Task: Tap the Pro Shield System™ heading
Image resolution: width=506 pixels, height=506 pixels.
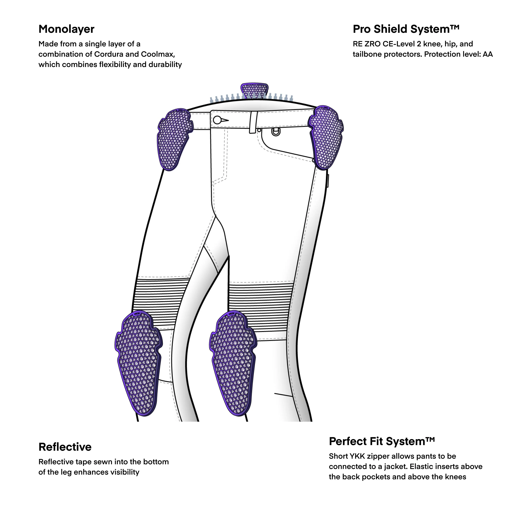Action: tap(406, 29)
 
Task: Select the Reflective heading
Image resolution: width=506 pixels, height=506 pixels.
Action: tap(65, 447)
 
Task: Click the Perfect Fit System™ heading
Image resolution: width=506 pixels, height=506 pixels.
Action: tap(382, 441)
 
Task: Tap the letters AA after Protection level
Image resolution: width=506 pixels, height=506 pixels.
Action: tap(488, 54)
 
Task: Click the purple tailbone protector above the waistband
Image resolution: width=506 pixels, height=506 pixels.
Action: tap(254, 90)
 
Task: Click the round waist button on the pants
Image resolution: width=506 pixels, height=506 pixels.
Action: tap(217, 120)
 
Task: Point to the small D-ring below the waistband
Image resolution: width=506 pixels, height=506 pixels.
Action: tap(276, 132)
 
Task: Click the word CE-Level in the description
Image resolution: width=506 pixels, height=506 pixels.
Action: tap(398, 44)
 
